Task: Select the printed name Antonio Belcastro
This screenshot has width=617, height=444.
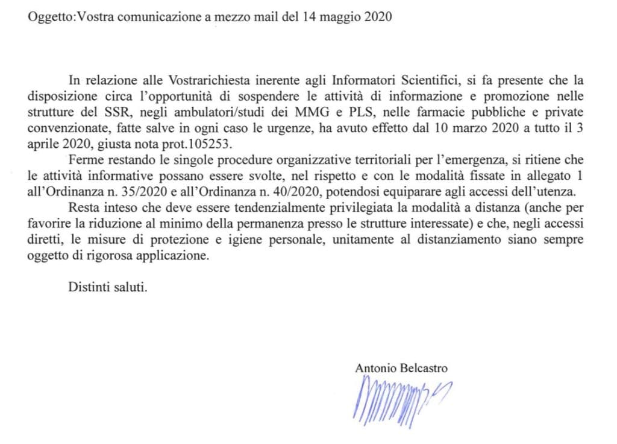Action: (x=401, y=368)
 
